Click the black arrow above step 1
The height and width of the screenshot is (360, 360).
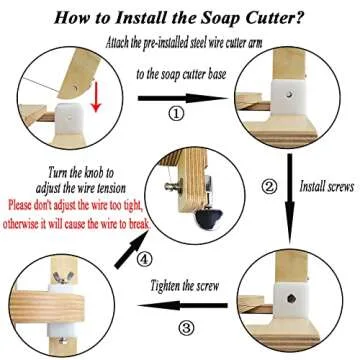click(180, 96)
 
